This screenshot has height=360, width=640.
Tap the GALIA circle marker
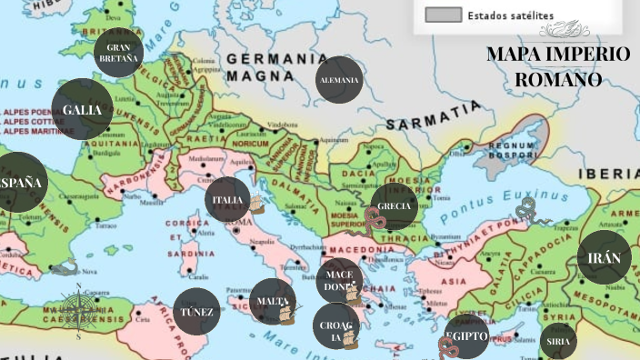(x=82, y=110)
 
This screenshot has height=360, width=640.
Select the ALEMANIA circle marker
(x=339, y=80)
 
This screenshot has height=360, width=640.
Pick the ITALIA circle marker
(x=227, y=200)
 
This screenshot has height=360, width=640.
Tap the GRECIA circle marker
(x=395, y=205)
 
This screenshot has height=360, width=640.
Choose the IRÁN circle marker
(x=604, y=258)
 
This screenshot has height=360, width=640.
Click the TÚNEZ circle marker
(x=196, y=312)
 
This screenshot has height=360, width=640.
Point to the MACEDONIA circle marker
(x=339, y=280)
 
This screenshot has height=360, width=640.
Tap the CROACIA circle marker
(x=335, y=326)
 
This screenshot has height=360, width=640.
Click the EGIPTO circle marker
(x=467, y=336)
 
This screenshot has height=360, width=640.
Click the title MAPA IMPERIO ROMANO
(x=558, y=66)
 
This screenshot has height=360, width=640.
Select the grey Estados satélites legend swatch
(x=443, y=15)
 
